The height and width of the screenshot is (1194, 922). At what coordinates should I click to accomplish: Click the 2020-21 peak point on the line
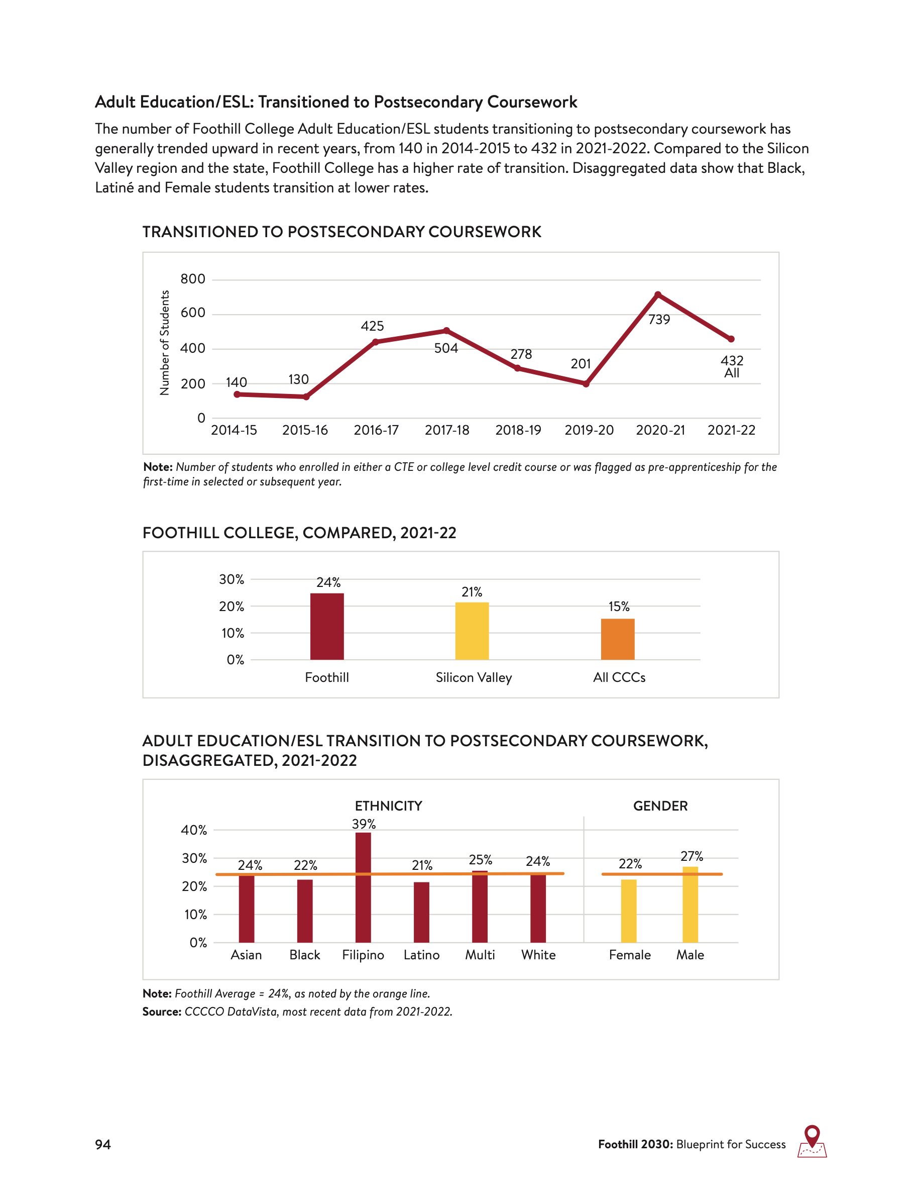coord(658,294)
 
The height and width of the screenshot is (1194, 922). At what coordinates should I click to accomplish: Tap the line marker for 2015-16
coord(306,397)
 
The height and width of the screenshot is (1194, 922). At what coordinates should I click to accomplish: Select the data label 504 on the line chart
coord(446,348)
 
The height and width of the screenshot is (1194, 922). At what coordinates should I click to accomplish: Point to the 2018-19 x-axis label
coord(518,430)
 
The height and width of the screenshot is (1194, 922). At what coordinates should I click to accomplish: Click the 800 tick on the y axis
coord(193,279)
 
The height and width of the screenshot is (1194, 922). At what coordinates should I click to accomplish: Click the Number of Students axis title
coord(164,342)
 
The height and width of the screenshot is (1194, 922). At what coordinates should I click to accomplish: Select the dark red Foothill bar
coord(326,627)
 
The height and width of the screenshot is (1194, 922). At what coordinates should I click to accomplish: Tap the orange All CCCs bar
coord(617,639)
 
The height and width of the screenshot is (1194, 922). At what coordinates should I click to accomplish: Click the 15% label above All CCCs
coord(619,606)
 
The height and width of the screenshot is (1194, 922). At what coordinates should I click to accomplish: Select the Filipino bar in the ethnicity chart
coord(363,887)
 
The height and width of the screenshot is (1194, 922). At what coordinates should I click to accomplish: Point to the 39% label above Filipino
coord(364,824)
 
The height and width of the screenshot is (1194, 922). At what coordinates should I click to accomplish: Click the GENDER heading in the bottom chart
coord(660,806)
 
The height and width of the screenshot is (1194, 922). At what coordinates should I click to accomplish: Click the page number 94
coord(102,1144)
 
